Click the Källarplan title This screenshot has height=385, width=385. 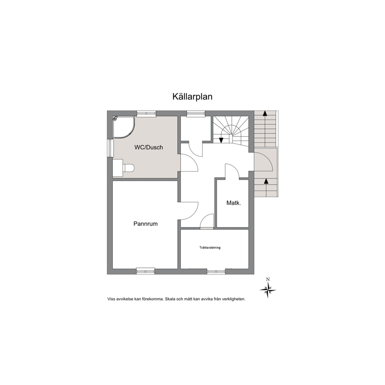(x=192, y=97)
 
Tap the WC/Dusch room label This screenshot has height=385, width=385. (x=148, y=147)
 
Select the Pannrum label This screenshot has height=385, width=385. (x=145, y=224)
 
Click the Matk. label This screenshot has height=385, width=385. (x=234, y=203)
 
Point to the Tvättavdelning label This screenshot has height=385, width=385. (x=210, y=248)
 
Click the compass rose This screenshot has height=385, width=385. (x=268, y=290)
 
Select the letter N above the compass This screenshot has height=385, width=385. (x=268, y=279)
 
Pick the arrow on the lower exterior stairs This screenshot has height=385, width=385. (x=266, y=181)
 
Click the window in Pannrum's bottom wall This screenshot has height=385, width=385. (x=146, y=271)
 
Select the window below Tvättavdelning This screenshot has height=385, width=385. (x=216, y=271)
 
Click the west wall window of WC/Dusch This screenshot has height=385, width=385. (x=110, y=148)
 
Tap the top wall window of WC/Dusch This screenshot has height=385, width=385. (x=146, y=113)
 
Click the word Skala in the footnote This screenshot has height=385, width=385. (x=171, y=299)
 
